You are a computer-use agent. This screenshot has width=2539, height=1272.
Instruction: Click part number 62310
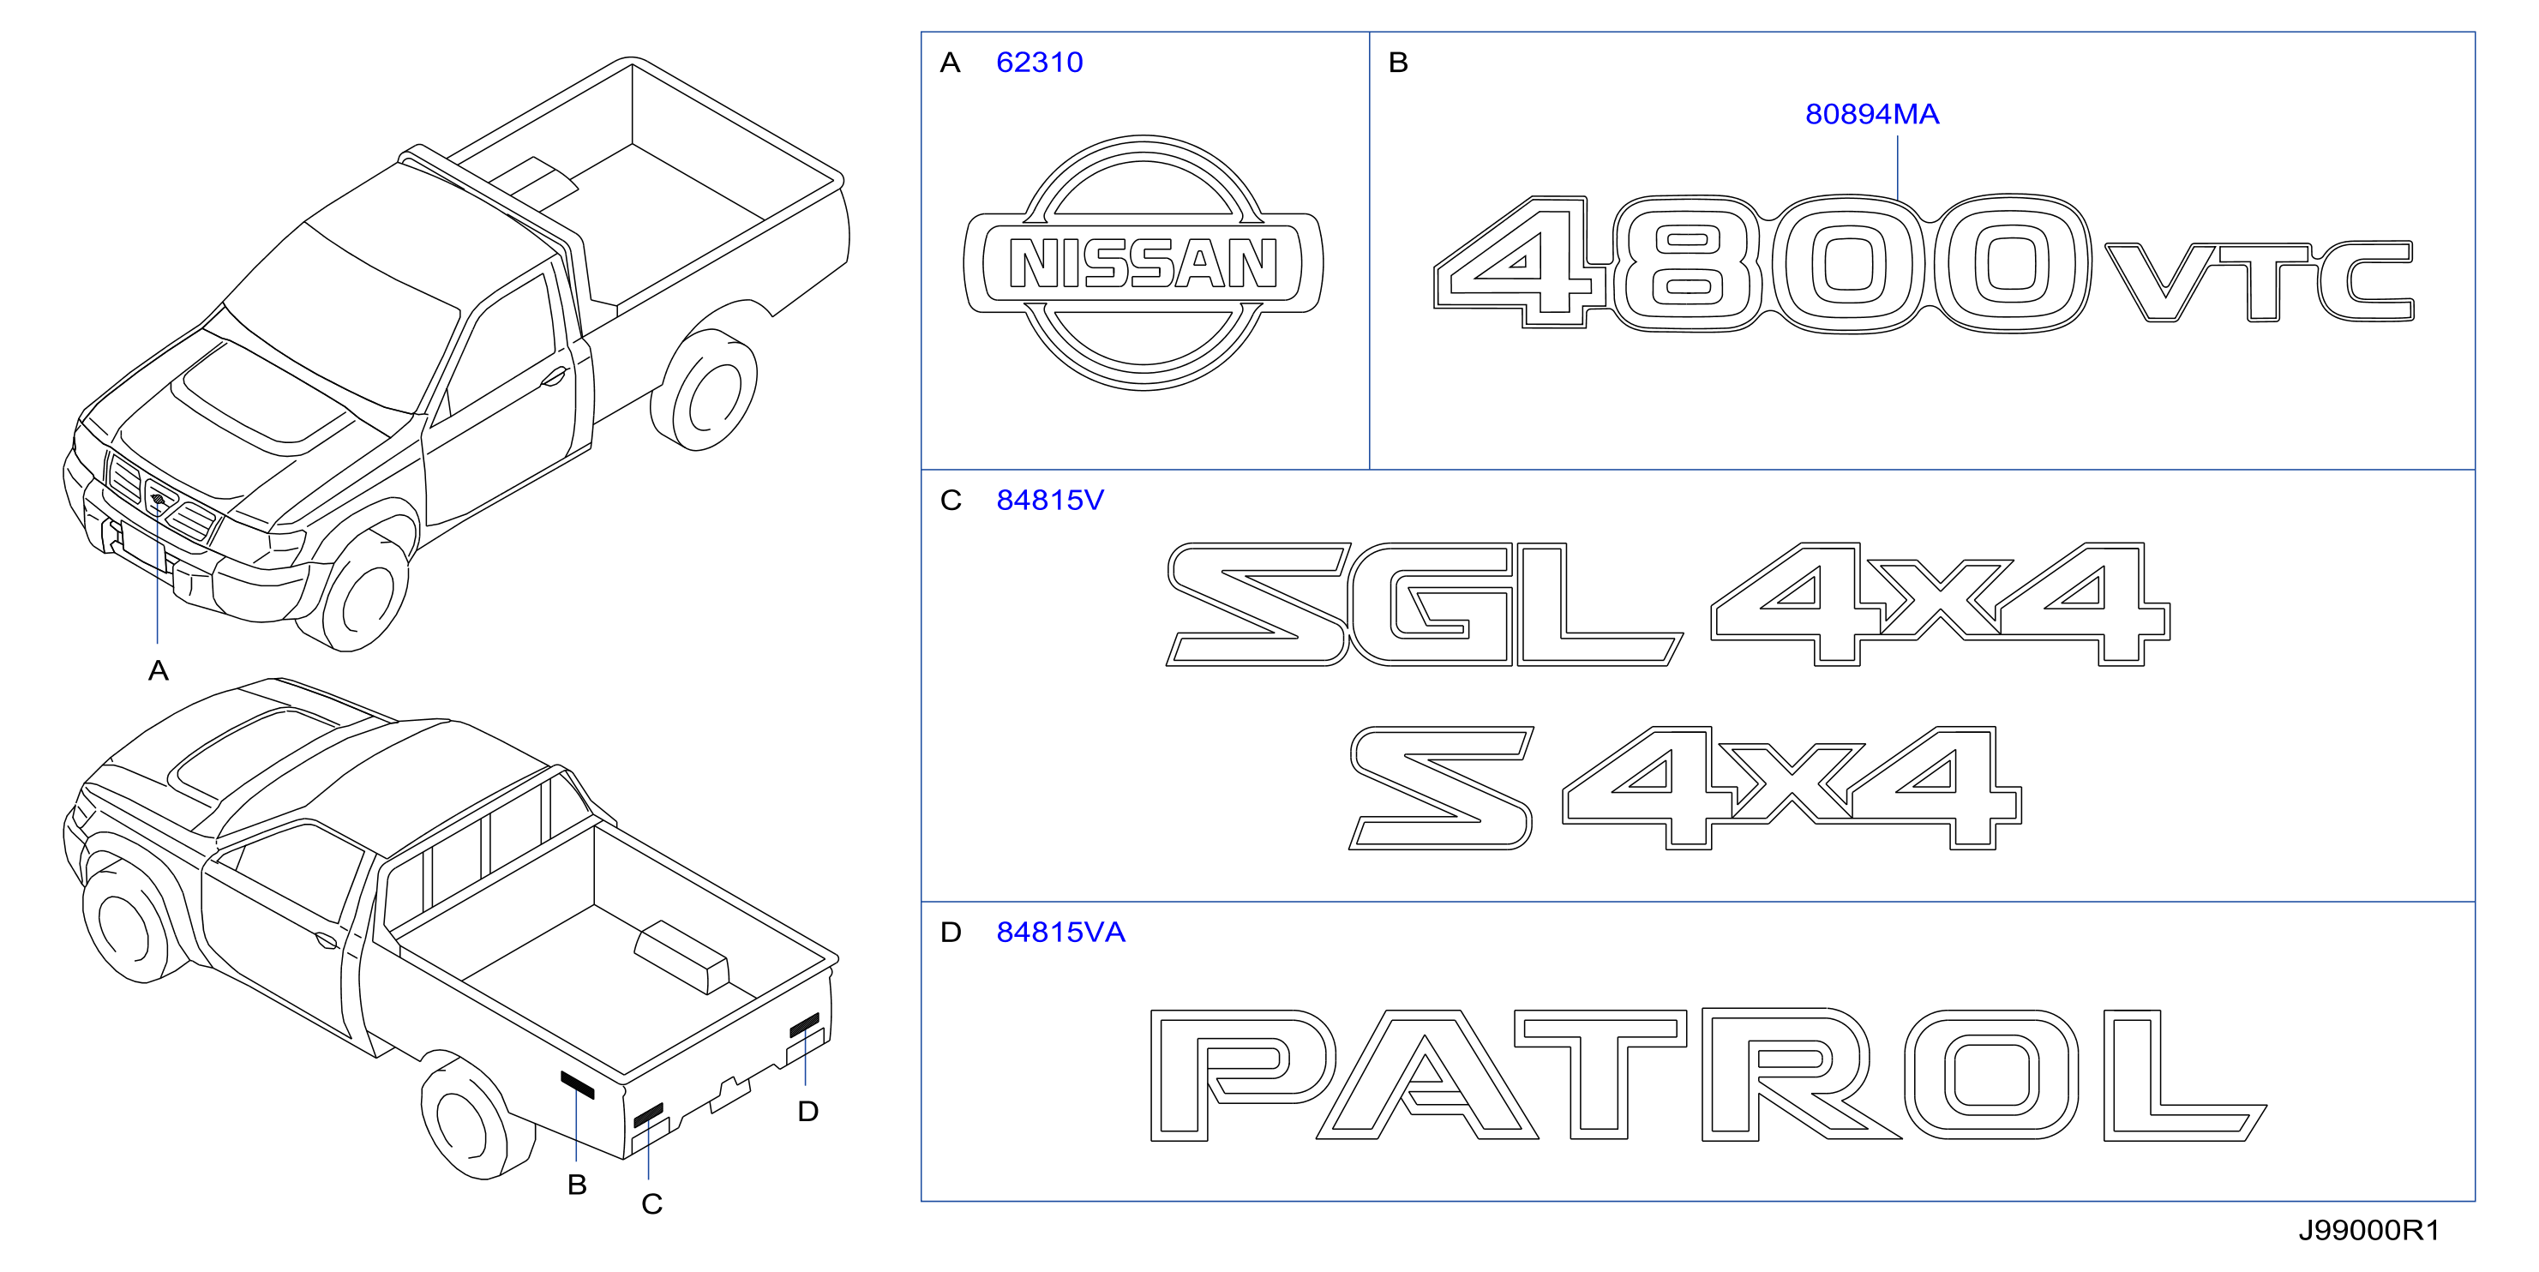[1039, 62]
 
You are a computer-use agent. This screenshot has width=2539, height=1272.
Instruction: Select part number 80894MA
[1872, 114]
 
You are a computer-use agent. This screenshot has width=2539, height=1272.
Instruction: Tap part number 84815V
[1050, 501]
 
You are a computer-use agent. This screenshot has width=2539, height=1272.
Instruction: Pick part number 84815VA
[1060, 932]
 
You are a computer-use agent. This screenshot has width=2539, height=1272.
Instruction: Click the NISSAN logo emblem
[1143, 263]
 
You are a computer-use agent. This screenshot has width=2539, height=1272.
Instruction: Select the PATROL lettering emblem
[1708, 1075]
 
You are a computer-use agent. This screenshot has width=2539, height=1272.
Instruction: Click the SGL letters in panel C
[1425, 604]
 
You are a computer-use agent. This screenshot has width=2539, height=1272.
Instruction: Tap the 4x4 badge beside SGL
[1940, 604]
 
